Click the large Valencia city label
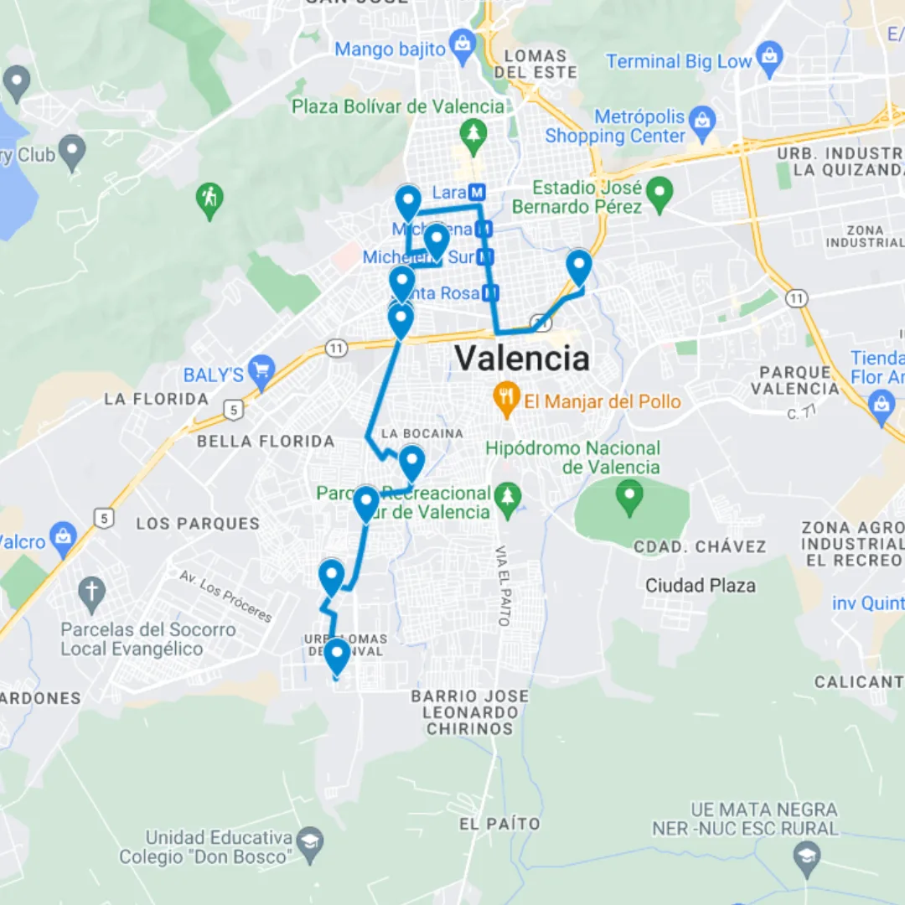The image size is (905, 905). click(x=522, y=359)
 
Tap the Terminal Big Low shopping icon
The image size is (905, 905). click(x=768, y=59)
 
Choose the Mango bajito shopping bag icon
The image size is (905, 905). click(x=462, y=45)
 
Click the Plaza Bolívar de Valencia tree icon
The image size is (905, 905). click(x=474, y=135)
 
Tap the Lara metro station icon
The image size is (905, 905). click(x=477, y=193)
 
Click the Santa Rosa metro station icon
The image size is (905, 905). click(x=491, y=292)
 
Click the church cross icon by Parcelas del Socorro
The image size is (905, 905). click(x=91, y=592)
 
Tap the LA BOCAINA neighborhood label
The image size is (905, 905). click(x=421, y=433)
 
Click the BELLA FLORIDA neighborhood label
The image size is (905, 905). click(x=266, y=441)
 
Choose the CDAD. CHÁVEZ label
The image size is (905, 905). click(x=700, y=546)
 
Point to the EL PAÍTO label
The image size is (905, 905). click(x=499, y=824)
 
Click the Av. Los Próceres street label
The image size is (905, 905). click(x=225, y=596)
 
